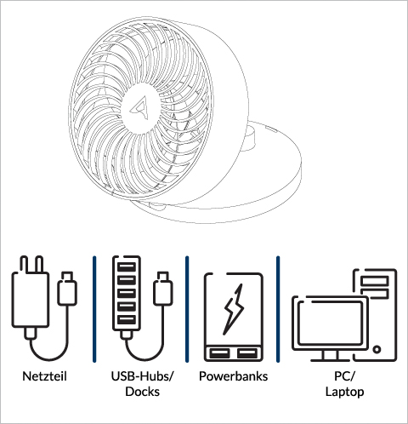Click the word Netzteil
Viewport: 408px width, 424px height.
point(44,376)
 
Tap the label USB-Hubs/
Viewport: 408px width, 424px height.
point(142,376)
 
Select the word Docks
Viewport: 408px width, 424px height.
point(142,392)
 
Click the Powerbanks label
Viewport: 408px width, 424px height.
point(233,376)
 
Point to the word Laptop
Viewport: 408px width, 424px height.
point(344,392)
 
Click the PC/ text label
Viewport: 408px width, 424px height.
point(344,376)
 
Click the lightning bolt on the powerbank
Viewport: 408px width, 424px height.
point(234,309)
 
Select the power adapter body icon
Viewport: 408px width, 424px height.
point(31,300)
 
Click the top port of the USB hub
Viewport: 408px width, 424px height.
point(127,267)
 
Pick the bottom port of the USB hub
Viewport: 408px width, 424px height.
point(127,320)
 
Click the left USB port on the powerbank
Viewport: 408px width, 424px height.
point(219,353)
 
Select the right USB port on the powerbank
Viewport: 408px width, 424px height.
point(247,353)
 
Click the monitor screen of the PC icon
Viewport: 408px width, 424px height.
point(331,323)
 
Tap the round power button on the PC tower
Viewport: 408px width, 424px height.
point(377,349)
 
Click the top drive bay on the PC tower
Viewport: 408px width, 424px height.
point(375,281)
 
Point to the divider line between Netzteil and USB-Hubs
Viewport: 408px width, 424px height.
point(94,309)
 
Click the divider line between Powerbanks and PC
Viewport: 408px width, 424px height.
point(278,309)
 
